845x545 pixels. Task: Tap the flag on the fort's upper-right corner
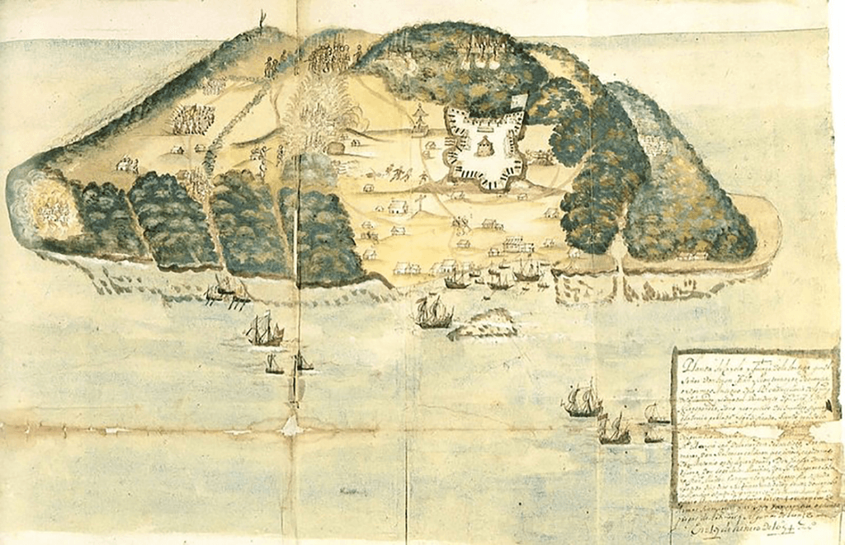[517, 101]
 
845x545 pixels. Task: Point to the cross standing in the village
[420, 201]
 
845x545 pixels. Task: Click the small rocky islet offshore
[484, 324]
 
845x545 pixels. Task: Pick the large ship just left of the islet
[434, 312]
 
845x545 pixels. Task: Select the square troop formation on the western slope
[191, 119]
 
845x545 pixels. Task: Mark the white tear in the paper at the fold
[290, 426]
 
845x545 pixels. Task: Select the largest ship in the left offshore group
[264, 331]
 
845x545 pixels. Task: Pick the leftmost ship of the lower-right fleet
[583, 401]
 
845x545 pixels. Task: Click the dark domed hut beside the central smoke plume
[335, 148]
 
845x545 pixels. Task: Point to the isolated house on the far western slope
[126, 165]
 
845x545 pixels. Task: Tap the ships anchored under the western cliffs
[227, 290]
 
